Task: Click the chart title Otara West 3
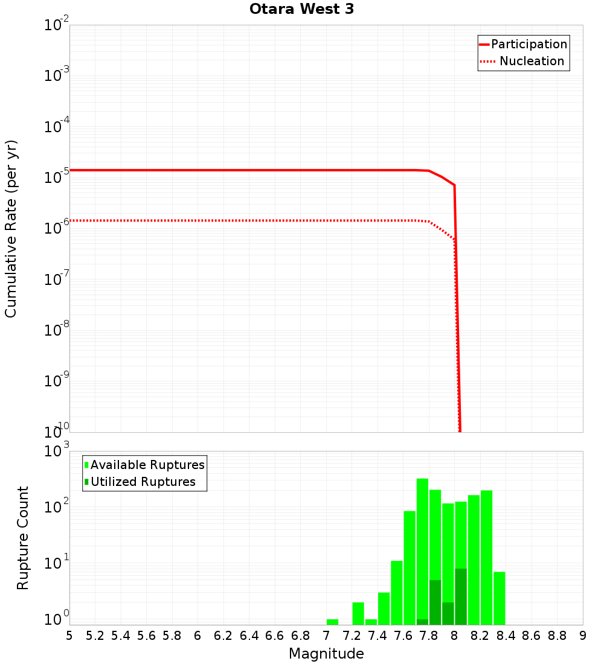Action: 301,9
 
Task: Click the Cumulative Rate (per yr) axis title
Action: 11,229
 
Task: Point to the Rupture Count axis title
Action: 23,538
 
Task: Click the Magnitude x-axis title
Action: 326,654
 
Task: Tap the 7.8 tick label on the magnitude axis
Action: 429,636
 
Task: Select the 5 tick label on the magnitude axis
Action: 69,636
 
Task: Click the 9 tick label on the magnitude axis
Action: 583,636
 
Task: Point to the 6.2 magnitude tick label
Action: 223,636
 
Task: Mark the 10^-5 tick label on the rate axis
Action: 57,177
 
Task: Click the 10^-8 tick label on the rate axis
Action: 57,330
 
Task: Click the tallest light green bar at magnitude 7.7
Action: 422,543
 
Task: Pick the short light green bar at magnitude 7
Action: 332,622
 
